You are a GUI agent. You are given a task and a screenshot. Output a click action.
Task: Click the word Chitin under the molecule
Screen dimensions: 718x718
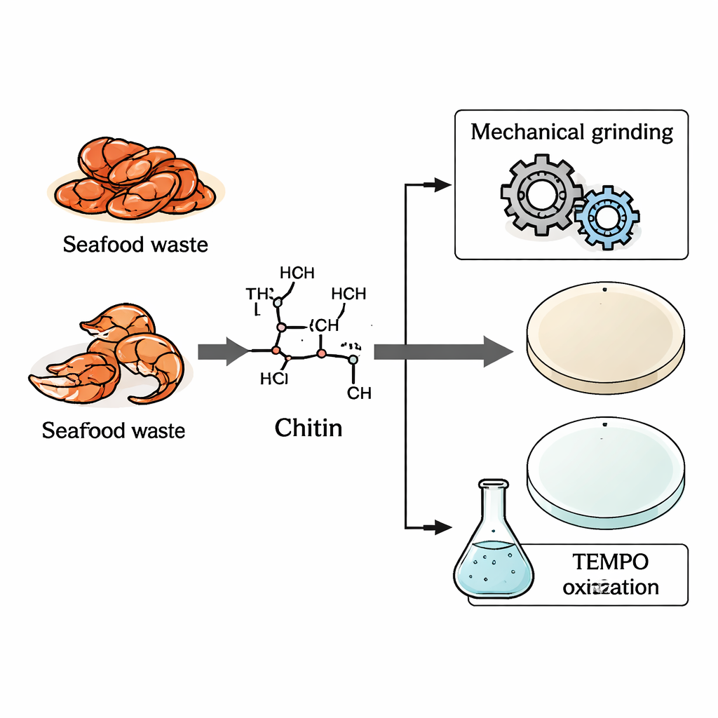click(309, 427)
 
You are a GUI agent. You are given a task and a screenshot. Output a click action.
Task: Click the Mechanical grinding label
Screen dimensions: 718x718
click(571, 132)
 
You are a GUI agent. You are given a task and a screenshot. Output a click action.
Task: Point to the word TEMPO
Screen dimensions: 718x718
click(609, 562)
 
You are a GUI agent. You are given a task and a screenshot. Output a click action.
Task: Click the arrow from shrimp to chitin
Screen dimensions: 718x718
click(222, 351)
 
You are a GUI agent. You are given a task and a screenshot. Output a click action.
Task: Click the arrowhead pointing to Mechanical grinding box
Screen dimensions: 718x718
click(441, 184)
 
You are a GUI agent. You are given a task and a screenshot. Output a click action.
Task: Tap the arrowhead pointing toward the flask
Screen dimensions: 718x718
click(441, 527)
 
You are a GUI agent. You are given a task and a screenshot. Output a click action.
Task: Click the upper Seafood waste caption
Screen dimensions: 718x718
click(135, 245)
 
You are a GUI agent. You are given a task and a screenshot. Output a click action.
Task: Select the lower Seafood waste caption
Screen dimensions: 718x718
click(114, 430)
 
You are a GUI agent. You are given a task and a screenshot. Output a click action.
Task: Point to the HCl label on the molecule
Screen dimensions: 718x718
click(274, 379)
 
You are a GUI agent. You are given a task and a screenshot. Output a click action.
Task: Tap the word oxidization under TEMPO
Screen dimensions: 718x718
click(611, 586)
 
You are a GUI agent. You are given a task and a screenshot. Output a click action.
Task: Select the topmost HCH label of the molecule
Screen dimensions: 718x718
click(297, 273)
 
